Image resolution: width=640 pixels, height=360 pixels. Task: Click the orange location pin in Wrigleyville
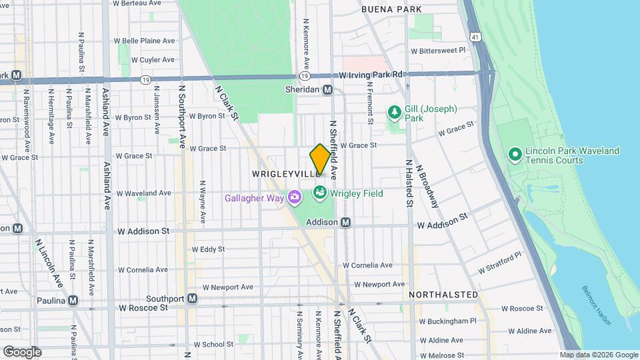point(319,159)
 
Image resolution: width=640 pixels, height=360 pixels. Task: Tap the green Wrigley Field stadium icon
point(319,193)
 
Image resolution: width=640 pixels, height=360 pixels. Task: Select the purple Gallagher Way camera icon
point(295,197)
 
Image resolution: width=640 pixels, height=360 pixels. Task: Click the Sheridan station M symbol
point(327,90)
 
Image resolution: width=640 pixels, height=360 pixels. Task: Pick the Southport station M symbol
point(192,298)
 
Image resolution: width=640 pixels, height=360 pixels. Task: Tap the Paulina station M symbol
point(73,300)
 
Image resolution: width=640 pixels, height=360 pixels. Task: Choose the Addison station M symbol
point(345,222)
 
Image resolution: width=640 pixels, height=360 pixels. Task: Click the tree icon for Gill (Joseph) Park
point(394,112)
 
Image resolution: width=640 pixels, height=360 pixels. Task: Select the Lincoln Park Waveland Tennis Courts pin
point(515,155)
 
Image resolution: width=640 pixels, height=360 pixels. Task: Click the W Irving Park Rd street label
point(371,75)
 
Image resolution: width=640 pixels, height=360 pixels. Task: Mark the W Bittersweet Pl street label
point(437,51)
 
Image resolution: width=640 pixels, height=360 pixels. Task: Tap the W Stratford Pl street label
point(500,265)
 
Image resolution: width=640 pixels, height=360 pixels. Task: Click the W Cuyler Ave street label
point(153,59)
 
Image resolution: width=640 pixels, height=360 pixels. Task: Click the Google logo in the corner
point(21,351)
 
